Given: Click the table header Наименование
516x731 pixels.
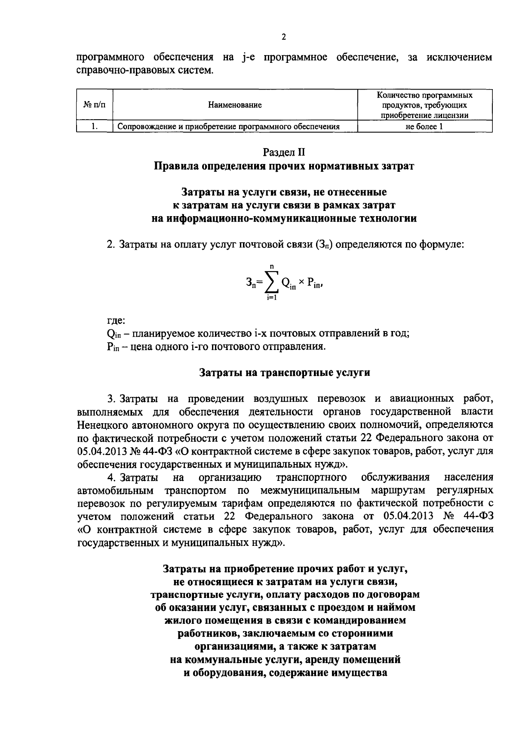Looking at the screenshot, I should point(235,105).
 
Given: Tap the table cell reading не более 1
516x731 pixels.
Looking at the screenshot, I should point(424,127).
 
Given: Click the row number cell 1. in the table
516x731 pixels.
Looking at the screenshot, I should point(95,127).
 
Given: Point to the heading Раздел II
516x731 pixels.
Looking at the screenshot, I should point(284,152).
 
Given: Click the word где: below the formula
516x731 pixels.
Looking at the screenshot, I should point(116,321).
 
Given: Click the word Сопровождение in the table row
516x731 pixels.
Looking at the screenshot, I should point(144,127).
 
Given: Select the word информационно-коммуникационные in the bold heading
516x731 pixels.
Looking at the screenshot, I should point(254,219).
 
